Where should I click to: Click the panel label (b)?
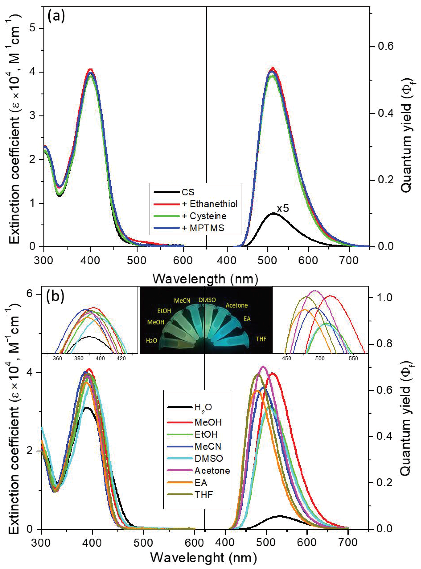[x=55, y=297]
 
